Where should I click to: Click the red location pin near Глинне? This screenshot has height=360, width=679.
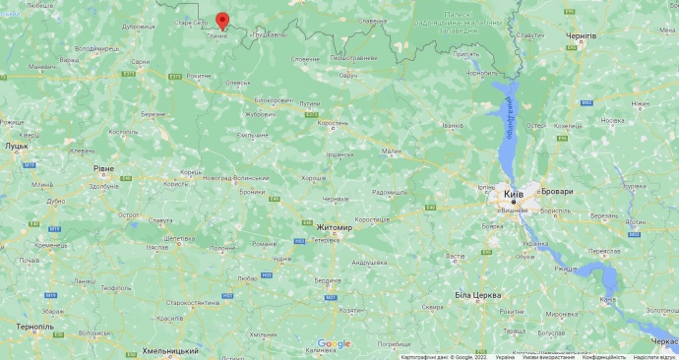point(221,21)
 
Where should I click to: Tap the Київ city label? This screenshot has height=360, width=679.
point(514,195)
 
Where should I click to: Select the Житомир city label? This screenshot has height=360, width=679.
point(334,227)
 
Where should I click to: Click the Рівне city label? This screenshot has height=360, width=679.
point(103,168)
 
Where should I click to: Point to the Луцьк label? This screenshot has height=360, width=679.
point(16,145)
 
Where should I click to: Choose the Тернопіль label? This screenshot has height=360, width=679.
point(33,326)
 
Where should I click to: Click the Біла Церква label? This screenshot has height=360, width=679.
point(478,295)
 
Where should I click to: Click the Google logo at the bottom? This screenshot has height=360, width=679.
point(334,343)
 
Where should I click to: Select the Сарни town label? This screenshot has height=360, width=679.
point(141,61)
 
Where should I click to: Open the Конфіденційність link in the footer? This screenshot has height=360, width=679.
point(603,356)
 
